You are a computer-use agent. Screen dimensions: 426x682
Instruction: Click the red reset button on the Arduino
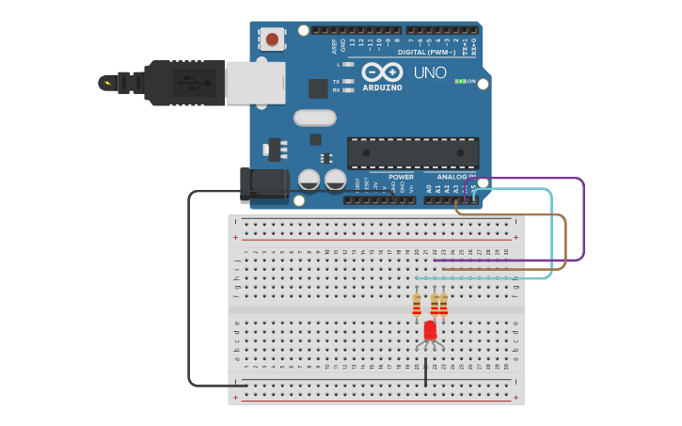[272, 39]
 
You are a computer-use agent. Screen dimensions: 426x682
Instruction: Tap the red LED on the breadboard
[430, 331]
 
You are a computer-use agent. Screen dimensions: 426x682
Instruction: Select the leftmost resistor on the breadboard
[417, 305]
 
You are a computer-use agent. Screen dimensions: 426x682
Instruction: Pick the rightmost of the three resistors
[444, 305]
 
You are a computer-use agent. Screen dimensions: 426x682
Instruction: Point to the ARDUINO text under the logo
[382, 87]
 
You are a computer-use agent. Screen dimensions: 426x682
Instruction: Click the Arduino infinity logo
[382, 72]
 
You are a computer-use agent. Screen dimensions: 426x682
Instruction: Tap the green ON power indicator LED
[459, 81]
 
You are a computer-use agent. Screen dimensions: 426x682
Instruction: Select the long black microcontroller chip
[413, 152]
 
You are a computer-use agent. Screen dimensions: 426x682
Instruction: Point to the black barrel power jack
[263, 184]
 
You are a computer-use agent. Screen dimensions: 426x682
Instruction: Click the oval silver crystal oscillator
[314, 118]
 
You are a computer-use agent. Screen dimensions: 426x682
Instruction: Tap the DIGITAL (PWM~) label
[425, 53]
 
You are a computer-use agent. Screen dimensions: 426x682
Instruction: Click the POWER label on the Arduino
[401, 177]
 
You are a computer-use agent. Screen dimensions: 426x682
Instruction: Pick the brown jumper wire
[565, 243]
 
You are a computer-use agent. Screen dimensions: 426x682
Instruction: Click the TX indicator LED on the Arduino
[349, 82]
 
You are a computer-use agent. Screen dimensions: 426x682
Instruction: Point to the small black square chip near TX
[318, 87]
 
